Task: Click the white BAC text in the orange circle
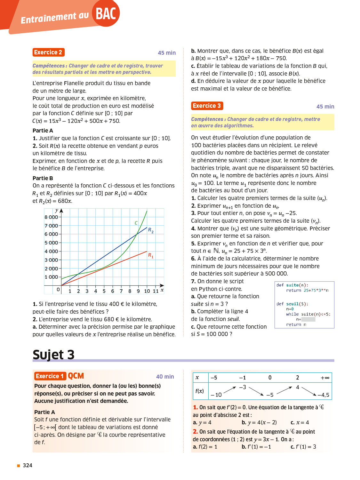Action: (106, 14)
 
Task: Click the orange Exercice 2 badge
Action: (48, 52)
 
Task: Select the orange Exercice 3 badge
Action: (207, 106)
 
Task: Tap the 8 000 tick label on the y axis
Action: (51, 217)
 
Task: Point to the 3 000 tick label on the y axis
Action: (51, 260)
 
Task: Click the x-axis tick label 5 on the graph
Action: (104, 291)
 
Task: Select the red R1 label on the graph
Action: (151, 255)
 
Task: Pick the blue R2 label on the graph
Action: (151, 230)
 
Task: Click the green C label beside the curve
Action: (136, 223)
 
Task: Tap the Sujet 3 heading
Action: (53, 355)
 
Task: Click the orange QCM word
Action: (76, 376)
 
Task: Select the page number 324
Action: (28, 465)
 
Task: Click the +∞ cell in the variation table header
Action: (325, 378)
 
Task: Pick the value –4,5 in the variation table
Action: (323, 395)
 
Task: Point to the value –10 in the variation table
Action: (216, 395)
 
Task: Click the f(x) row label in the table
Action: (200, 391)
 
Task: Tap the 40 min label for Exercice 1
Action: (165, 377)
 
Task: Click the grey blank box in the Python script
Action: (308, 319)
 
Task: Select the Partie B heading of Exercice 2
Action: (43, 178)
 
